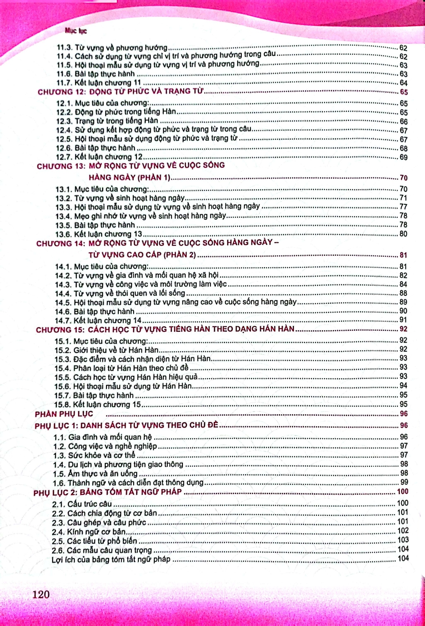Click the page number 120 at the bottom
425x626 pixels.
[x=41, y=594]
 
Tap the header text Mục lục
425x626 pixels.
[x=76, y=30]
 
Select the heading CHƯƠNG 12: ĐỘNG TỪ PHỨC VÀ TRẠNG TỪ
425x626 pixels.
[x=121, y=91]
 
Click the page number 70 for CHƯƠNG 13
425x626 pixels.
[x=403, y=178]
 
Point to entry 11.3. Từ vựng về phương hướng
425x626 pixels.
[x=112, y=48]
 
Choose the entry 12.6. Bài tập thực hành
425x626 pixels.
[x=96, y=148]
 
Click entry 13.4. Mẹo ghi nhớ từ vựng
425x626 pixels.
[x=141, y=216]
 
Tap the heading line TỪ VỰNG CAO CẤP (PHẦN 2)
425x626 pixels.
[x=142, y=255]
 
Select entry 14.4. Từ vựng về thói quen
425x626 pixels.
[x=120, y=293]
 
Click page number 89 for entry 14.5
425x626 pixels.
[x=403, y=302]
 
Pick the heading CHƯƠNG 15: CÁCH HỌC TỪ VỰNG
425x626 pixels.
[x=165, y=329]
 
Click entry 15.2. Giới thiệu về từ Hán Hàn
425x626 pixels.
[x=106, y=350]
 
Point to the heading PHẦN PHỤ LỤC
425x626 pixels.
[x=64, y=414]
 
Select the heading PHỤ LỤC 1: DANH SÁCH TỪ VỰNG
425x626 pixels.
[x=126, y=425]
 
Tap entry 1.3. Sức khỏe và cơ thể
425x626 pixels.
[x=94, y=455]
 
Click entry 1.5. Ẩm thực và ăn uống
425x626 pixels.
[x=95, y=474]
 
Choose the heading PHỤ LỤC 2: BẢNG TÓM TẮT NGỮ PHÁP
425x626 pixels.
[x=108, y=492]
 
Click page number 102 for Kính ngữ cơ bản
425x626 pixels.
[x=402, y=531]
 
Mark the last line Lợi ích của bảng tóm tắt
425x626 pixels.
[x=111, y=559]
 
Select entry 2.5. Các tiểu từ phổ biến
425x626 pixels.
[x=94, y=541]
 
